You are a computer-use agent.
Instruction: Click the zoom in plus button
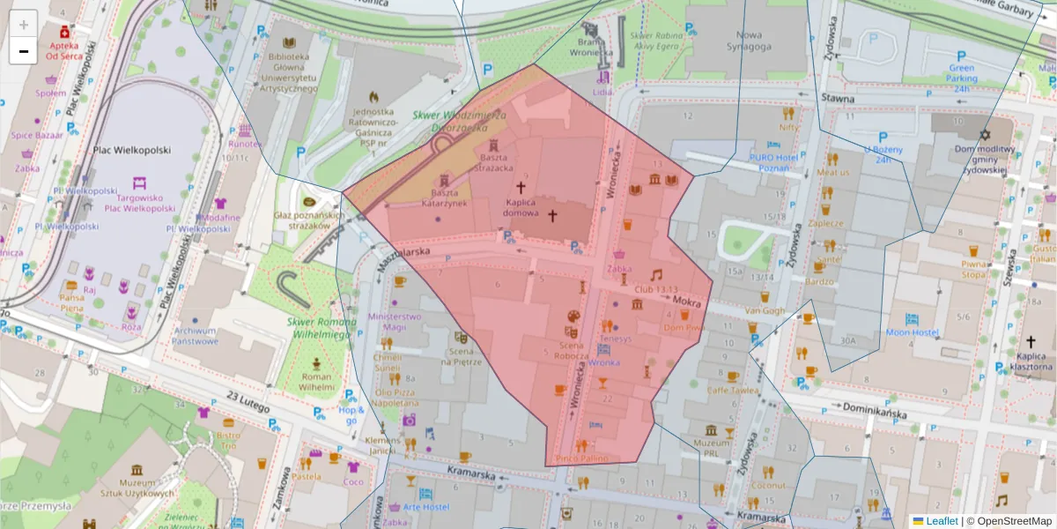tap(24, 24)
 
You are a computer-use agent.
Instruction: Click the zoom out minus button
tap(24, 51)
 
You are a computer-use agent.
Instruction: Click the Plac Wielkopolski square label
tap(131, 150)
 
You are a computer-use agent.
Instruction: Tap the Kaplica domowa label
tap(521, 207)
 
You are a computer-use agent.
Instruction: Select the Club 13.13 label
tap(655, 289)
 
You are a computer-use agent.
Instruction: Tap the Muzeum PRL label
tap(711, 448)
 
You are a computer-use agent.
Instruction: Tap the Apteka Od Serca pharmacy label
tap(64, 50)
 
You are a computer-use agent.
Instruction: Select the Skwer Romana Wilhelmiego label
tap(318, 328)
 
